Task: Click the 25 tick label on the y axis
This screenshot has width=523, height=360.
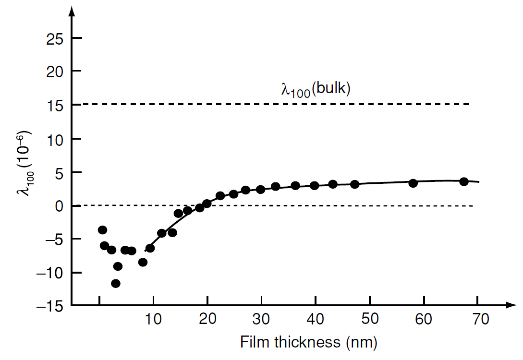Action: (56, 38)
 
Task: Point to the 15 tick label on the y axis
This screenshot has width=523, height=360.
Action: (56, 105)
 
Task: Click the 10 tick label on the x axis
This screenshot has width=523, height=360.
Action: (153, 319)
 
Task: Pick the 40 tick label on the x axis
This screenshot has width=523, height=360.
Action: (315, 319)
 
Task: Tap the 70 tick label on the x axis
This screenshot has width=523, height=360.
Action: (477, 319)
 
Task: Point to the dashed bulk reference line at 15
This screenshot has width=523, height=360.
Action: (269, 104)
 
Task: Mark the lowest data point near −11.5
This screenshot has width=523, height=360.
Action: (116, 283)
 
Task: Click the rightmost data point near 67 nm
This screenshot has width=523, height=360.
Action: (464, 181)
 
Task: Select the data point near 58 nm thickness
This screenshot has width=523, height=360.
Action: (413, 183)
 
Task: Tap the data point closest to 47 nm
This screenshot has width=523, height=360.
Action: (354, 184)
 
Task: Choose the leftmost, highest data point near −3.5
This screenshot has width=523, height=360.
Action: (102, 230)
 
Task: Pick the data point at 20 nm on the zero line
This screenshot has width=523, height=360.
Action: (207, 204)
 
